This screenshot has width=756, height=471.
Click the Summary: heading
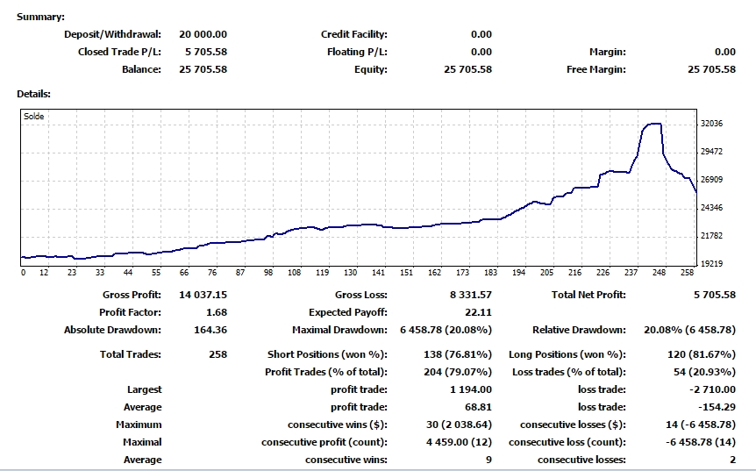pos(40,17)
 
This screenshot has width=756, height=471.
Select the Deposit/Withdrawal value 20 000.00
pos(203,34)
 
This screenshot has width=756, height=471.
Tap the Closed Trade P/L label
pos(119,52)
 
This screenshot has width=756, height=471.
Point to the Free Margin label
pos(596,69)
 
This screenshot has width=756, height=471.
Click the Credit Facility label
pos(354,34)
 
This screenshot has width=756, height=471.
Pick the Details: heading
pos(33,94)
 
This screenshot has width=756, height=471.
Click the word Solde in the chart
pos(33,116)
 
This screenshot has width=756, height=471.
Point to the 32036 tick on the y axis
pos(711,124)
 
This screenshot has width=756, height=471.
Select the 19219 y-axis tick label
pos(711,264)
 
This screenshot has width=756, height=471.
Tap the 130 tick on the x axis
pos(351,273)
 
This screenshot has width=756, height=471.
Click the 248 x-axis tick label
pos(660,273)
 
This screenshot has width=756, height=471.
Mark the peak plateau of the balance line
pos(653,124)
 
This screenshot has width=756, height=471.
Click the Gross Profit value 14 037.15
pos(203,295)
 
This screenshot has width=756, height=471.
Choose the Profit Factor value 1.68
pos(217,312)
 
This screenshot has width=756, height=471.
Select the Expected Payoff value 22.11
pos(478,312)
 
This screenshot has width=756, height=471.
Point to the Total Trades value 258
pos(218,354)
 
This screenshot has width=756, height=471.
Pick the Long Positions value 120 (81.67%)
pos(702,354)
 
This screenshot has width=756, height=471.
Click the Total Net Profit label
pos(588,295)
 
